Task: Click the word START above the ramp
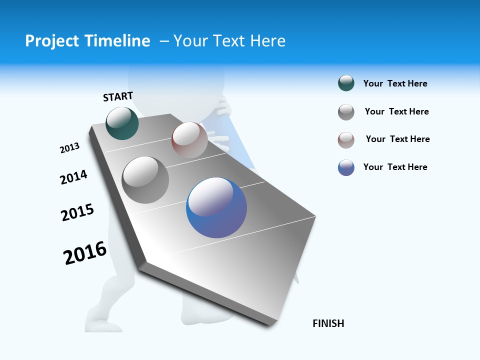pos(118,96)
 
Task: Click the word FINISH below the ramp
pos(328,323)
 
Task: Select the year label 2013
pos(69,148)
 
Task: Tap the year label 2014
pos(73,177)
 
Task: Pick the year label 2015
pos(77,212)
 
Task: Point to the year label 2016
pos(85,253)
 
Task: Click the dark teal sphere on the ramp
pos(122,123)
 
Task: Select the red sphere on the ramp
pos(189,140)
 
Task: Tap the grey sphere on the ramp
pos(145,179)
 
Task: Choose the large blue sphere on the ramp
pos(216,207)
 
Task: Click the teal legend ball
pos(346,83)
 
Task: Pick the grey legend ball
pos(346,112)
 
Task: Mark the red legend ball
pos(346,140)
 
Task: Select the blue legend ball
pos(346,167)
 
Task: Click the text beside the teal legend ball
pos(395,84)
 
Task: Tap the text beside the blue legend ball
pos(395,167)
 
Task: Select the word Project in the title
pos(51,41)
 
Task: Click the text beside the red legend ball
pos(397,139)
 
